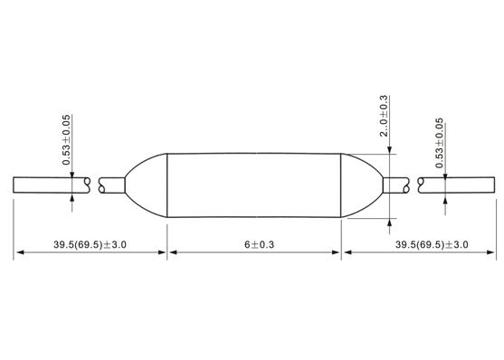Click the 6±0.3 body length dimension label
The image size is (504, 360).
259,244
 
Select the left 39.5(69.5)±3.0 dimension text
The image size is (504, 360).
90,244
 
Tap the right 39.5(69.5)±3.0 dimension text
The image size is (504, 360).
432,244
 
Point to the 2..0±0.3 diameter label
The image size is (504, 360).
384,116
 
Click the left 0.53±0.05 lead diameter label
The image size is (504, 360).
66,140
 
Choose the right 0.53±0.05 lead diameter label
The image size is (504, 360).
440,143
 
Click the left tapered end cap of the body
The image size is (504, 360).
147,185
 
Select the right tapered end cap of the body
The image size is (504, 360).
362,185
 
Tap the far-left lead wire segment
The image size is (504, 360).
52,185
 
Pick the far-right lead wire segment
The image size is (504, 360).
456,185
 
